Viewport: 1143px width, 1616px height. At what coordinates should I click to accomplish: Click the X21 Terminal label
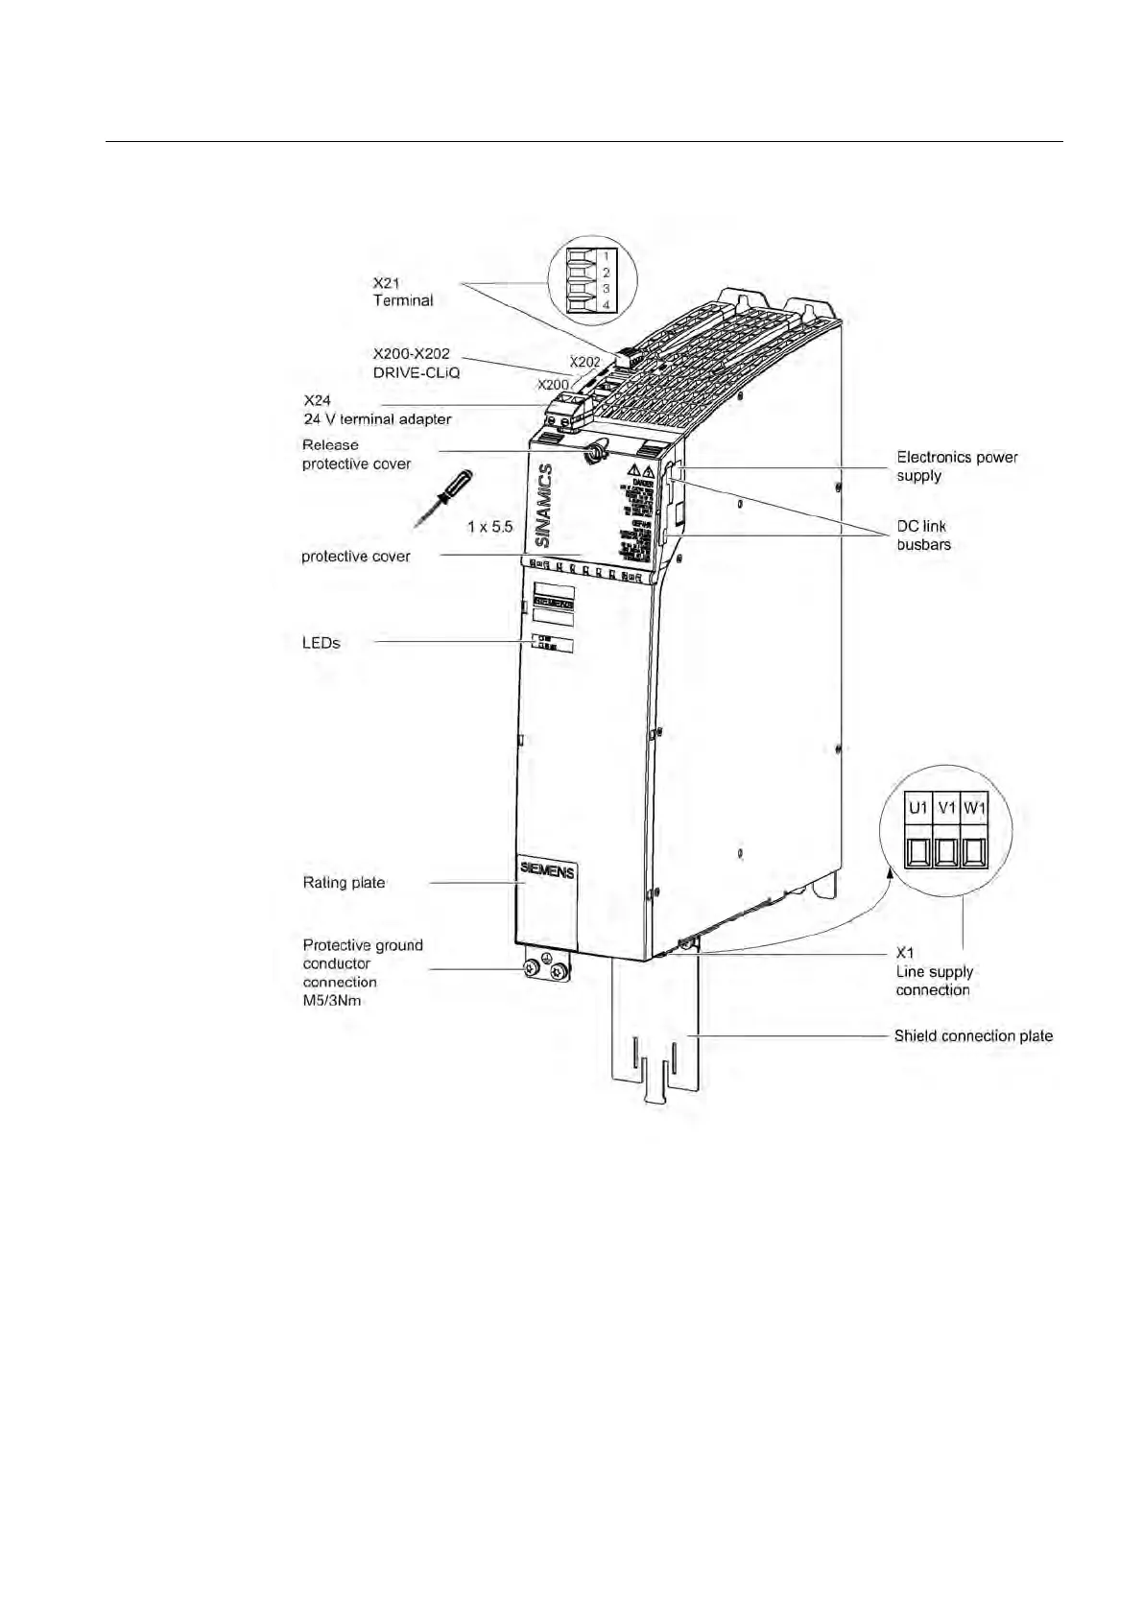click(x=402, y=292)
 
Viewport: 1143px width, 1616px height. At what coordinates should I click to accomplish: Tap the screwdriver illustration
click(x=442, y=498)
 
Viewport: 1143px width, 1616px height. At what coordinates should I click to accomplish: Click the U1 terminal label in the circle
click(x=918, y=808)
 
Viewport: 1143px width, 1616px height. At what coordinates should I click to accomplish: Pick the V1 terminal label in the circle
click(x=947, y=808)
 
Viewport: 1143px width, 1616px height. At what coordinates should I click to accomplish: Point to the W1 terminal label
click(x=975, y=808)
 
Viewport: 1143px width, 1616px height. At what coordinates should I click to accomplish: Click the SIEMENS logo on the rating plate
click(x=547, y=870)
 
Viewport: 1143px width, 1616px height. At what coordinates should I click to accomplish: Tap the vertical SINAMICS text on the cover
click(x=544, y=506)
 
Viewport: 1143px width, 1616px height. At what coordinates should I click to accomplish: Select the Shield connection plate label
click(x=973, y=1036)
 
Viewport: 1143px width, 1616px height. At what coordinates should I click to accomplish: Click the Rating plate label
click(x=344, y=883)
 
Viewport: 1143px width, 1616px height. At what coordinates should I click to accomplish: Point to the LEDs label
click(x=321, y=643)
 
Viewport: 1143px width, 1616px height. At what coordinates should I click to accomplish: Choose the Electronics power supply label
click(x=957, y=466)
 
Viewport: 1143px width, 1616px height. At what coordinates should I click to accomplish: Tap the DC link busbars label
click(x=923, y=535)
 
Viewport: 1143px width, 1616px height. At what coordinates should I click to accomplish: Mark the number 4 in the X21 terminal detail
click(x=606, y=304)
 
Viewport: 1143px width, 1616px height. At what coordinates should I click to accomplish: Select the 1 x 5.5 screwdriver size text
click(x=489, y=527)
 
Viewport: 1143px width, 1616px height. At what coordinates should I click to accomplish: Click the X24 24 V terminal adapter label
click(x=376, y=410)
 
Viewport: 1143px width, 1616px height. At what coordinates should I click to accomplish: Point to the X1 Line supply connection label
click(x=934, y=972)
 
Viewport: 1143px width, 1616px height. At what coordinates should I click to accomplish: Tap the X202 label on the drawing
click(x=584, y=362)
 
